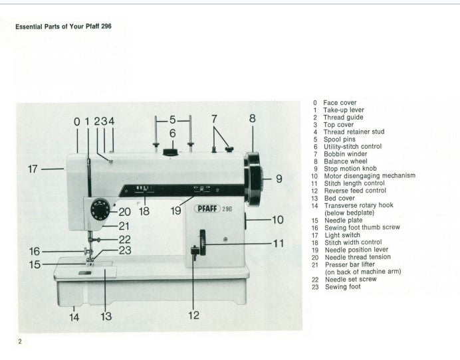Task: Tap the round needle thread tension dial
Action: (x=98, y=211)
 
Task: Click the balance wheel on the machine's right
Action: (x=254, y=178)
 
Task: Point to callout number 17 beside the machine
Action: (x=33, y=169)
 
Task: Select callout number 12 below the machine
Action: (x=193, y=315)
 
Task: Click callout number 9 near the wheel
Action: (x=279, y=178)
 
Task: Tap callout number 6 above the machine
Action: (x=172, y=133)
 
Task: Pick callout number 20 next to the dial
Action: (x=124, y=212)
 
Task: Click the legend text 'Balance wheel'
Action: (x=344, y=161)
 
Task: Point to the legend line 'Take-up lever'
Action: (x=344, y=110)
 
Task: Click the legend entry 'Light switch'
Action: (x=342, y=235)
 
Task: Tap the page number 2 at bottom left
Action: (x=20, y=341)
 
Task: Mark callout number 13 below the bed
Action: (x=106, y=316)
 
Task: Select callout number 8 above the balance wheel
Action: (x=253, y=119)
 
